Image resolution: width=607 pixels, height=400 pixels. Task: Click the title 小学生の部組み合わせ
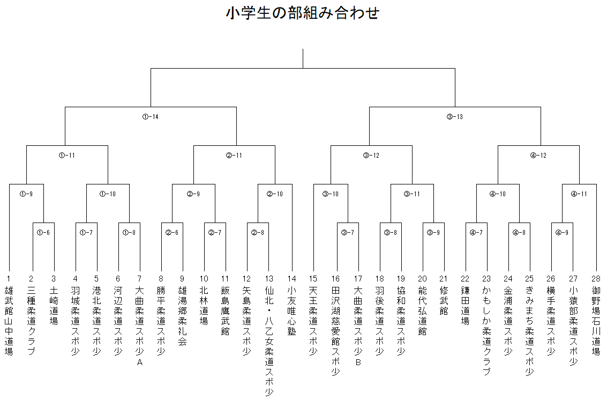(x=303, y=12)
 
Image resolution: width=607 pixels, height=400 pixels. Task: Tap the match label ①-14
(x=150, y=117)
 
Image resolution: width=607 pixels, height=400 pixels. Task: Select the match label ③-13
(x=454, y=117)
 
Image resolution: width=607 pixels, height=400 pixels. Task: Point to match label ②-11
(x=234, y=155)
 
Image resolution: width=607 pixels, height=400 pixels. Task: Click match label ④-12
(x=538, y=155)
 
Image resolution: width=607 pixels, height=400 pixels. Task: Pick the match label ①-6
(x=43, y=233)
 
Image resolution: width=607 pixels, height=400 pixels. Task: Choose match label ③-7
(x=348, y=233)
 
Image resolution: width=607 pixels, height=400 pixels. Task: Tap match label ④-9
(x=561, y=233)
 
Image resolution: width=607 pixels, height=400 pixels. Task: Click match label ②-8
(x=258, y=233)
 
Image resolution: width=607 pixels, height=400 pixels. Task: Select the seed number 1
(x=9, y=279)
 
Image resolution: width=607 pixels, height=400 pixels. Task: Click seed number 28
(x=596, y=279)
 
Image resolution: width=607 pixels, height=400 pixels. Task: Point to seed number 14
(x=291, y=279)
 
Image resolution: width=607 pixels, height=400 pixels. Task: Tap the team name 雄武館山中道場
(x=9, y=321)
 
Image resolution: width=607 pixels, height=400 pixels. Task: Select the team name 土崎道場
(x=54, y=306)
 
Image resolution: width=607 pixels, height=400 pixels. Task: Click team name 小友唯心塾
(x=291, y=310)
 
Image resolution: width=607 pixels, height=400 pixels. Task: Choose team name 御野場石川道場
(x=596, y=321)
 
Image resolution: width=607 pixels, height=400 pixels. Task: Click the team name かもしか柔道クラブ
(x=486, y=331)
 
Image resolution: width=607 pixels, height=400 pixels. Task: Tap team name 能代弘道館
(x=422, y=310)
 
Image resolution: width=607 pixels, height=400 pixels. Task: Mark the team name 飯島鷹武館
(x=225, y=310)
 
